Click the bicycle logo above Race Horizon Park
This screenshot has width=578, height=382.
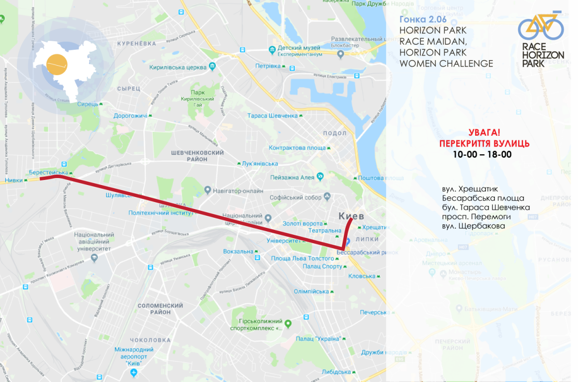pos(541,27)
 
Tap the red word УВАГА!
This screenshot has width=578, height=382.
pos(484,133)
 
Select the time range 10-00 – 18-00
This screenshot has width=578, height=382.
pos(482,155)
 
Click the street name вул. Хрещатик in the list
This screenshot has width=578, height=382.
pos(469,190)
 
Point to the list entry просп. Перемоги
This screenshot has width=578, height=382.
pos(476,216)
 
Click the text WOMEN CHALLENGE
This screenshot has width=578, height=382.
pos(446,64)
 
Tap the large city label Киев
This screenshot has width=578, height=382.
pos(351,216)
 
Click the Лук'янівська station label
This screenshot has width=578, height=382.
pos(259,164)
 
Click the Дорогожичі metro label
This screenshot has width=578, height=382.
pos(130,115)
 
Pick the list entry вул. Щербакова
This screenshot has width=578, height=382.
pos(473,226)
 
